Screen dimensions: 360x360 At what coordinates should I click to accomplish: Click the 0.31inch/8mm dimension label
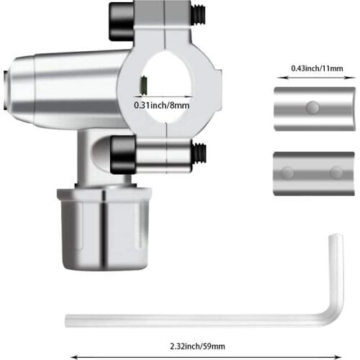(163, 105)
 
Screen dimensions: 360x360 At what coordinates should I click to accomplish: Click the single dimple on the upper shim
(312, 108)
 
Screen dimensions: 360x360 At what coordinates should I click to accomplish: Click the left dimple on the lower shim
(288, 173)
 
